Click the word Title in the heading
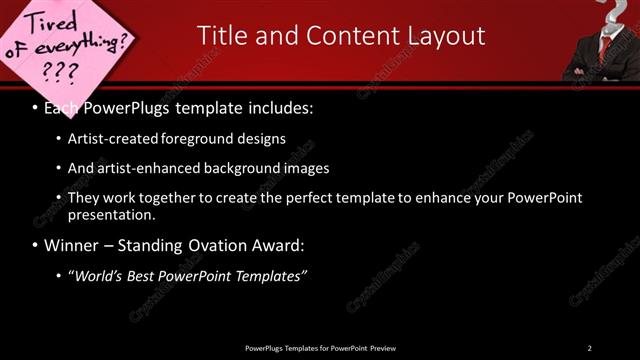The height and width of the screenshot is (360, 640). click(223, 36)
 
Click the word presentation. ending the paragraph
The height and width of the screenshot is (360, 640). click(111, 214)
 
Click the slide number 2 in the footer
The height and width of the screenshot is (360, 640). click(589, 348)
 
